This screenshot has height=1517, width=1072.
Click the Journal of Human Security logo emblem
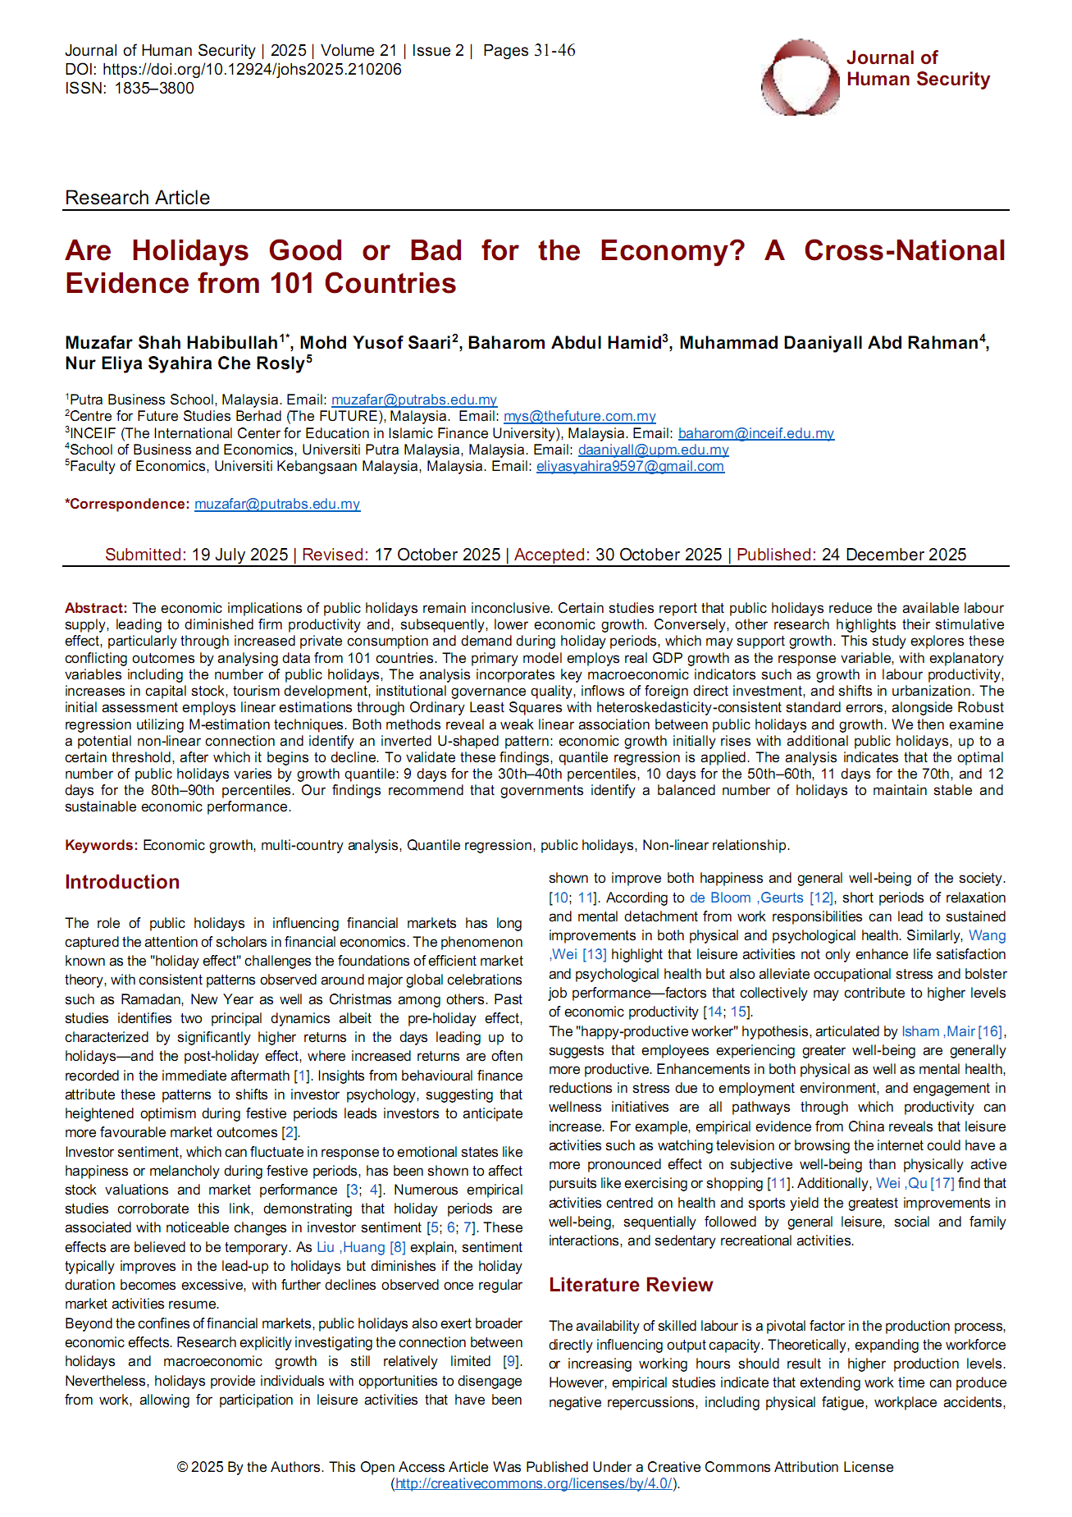point(800,76)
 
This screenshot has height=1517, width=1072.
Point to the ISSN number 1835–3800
point(154,89)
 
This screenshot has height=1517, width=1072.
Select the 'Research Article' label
point(137,198)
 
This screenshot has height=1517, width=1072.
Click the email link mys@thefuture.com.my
point(579,417)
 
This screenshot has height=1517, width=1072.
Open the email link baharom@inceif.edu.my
point(755,433)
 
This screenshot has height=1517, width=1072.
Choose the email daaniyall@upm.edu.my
point(653,450)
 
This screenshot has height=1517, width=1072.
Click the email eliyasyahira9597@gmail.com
point(630,466)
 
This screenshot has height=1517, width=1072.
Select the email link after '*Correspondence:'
point(277,504)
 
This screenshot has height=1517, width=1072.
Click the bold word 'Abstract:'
point(96,608)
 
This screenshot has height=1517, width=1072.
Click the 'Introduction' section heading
point(122,882)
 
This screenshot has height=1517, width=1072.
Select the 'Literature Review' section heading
point(631,1285)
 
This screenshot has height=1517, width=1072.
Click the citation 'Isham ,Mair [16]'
point(952,1031)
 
